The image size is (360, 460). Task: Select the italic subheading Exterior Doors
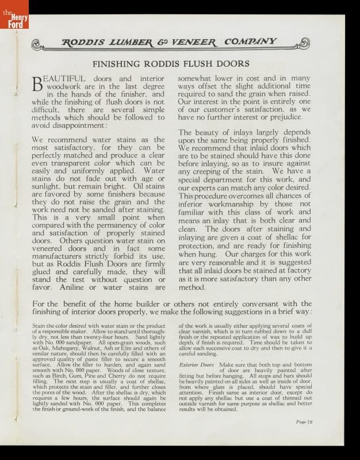(197, 365)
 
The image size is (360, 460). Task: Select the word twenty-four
(95, 337)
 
